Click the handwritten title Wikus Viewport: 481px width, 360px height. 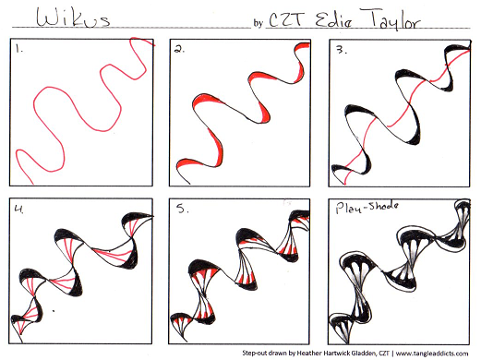(73, 18)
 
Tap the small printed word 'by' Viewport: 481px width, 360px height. (258, 23)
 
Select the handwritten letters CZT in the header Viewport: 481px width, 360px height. (287, 19)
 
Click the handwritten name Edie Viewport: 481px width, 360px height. (333, 20)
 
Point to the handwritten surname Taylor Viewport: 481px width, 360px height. (391, 19)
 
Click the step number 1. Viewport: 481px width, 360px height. (19, 48)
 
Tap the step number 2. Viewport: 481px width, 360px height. (179, 49)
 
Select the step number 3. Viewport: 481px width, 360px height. (341, 50)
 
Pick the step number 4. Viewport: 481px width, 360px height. (19, 209)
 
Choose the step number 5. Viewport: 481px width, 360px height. (182, 209)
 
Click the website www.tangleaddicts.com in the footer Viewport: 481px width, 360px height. (432, 354)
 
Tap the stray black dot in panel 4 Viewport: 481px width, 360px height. (54, 311)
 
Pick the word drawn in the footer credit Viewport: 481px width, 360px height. (278, 353)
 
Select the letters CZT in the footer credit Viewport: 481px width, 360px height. (384, 353)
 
